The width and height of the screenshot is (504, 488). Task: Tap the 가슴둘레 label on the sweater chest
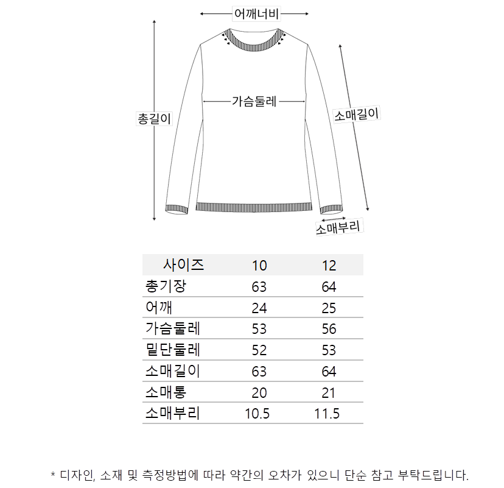click(254, 101)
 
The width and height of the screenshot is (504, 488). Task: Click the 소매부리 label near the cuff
click(340, 227)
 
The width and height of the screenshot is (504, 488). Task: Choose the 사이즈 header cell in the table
click(183, 265)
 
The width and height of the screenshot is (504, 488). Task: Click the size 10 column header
click(259, 266)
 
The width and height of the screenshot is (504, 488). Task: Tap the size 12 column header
click(329, 266)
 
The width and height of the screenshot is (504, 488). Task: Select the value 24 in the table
click(259, 308)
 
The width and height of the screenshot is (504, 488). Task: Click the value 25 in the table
click(329, 308)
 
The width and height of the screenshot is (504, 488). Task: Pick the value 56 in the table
click(329, 329)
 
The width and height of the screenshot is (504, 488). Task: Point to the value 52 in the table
click(259, 350)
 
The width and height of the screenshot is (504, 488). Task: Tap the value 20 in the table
click(259, 393)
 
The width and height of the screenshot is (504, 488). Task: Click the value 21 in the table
click(329, 393)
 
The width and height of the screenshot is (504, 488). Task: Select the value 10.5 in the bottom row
click(257, 414)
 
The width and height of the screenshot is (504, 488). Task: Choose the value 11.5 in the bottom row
click(327, 414)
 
